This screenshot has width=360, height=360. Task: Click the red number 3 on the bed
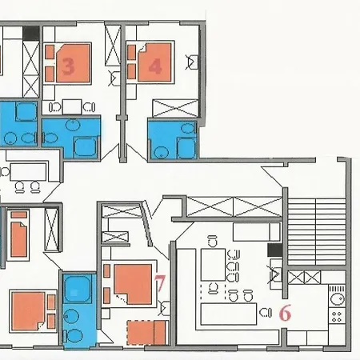coord(68,66)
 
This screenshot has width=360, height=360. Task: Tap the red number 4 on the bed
coord(155,66)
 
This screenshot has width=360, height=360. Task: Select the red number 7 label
coord(160,283)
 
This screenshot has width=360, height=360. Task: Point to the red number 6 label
coord(285,313)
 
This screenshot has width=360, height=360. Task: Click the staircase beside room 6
coord(317,231)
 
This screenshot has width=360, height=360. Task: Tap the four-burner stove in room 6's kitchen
coord(337,316)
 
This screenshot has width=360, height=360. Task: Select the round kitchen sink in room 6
coord(337,298)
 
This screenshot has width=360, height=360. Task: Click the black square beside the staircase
coord(275,250)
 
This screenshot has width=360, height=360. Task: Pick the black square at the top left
coord(31,33)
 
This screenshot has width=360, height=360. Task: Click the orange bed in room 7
coord(133,284)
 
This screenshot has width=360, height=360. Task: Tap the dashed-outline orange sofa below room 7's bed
coord(146,333)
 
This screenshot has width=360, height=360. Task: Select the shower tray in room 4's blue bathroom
coord(186,147)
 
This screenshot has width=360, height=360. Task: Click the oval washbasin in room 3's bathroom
coord(73,125)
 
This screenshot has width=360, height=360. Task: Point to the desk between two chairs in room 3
coord(72,107)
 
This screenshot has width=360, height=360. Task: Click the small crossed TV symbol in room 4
coord(192,62)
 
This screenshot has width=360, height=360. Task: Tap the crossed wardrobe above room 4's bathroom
coord(175,108)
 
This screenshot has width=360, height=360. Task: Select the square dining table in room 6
coord(213,265)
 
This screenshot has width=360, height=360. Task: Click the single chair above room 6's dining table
coord(212,241)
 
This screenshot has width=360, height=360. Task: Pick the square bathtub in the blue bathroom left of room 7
coord(78,289)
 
